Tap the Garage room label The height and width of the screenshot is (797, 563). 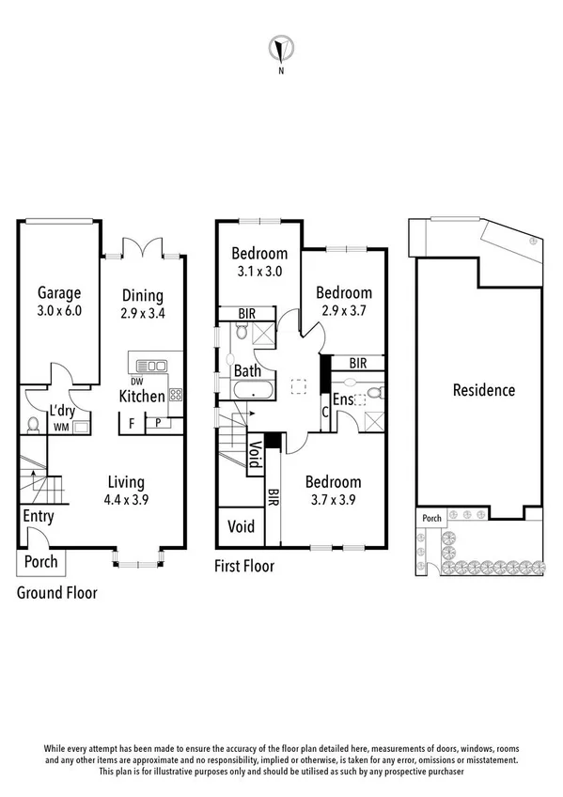[59, 292]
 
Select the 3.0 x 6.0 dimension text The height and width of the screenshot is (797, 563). [59, 311]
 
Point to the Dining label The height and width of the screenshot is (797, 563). [142, 295]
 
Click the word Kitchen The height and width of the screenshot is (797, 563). [142, 397]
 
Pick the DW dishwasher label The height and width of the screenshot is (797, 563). [137, 382]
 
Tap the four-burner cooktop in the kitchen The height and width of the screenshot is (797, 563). [175, 395]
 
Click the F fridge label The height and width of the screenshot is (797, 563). [132, 423]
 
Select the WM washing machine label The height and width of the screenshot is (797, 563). [60, 428]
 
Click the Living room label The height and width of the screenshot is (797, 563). [125, 482]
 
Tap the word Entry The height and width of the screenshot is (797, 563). [38, 516]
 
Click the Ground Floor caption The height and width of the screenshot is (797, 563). [57, 593]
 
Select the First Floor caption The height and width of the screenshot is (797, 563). [243, 566]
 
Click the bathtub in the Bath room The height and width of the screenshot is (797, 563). [251, 395]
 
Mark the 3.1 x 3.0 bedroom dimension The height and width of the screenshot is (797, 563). [259, 271]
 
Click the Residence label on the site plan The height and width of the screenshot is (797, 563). [483, 390]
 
